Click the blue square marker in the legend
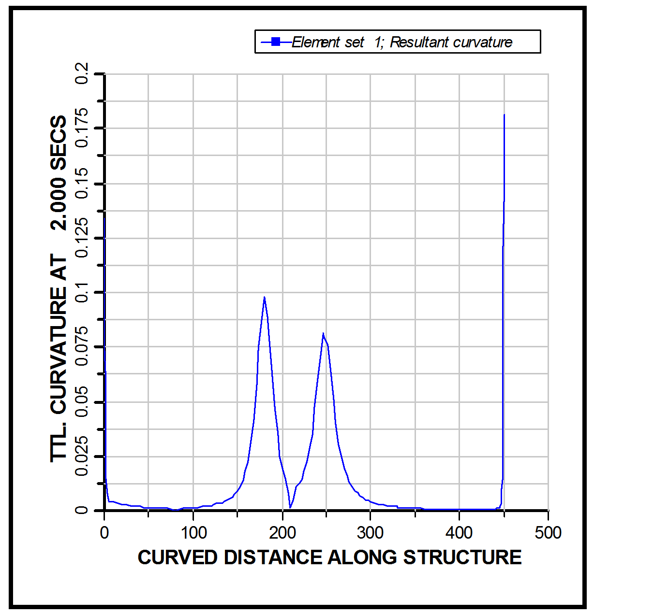[x=276, y=42]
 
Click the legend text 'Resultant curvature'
[x=451, y=43]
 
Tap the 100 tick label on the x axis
[x=193, y=533]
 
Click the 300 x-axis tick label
[x=370, y=533]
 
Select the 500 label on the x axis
[x=548, y=533]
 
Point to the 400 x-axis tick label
[x=459, y=533]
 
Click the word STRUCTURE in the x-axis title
[x=462, y=557]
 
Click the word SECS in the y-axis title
[x=59, y=142]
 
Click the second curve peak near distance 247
[x=323, y=333]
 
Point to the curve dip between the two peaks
[x=290, y=507]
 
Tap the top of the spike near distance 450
[x=504, y=115]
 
